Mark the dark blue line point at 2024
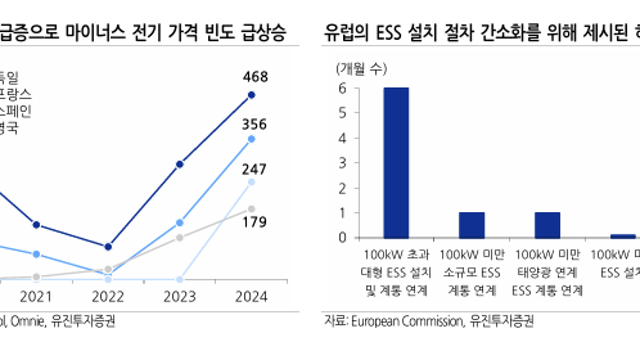click(x=252, y=95)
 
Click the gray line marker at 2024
click(x=252, y=208)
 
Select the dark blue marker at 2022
click(x=107, y=246)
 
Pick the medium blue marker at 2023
click(x=180, y=222)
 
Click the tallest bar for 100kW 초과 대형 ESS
click(x=397, y=163)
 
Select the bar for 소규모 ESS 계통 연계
click(x=472, y=225)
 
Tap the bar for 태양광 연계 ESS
click(x=547, y=225)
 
